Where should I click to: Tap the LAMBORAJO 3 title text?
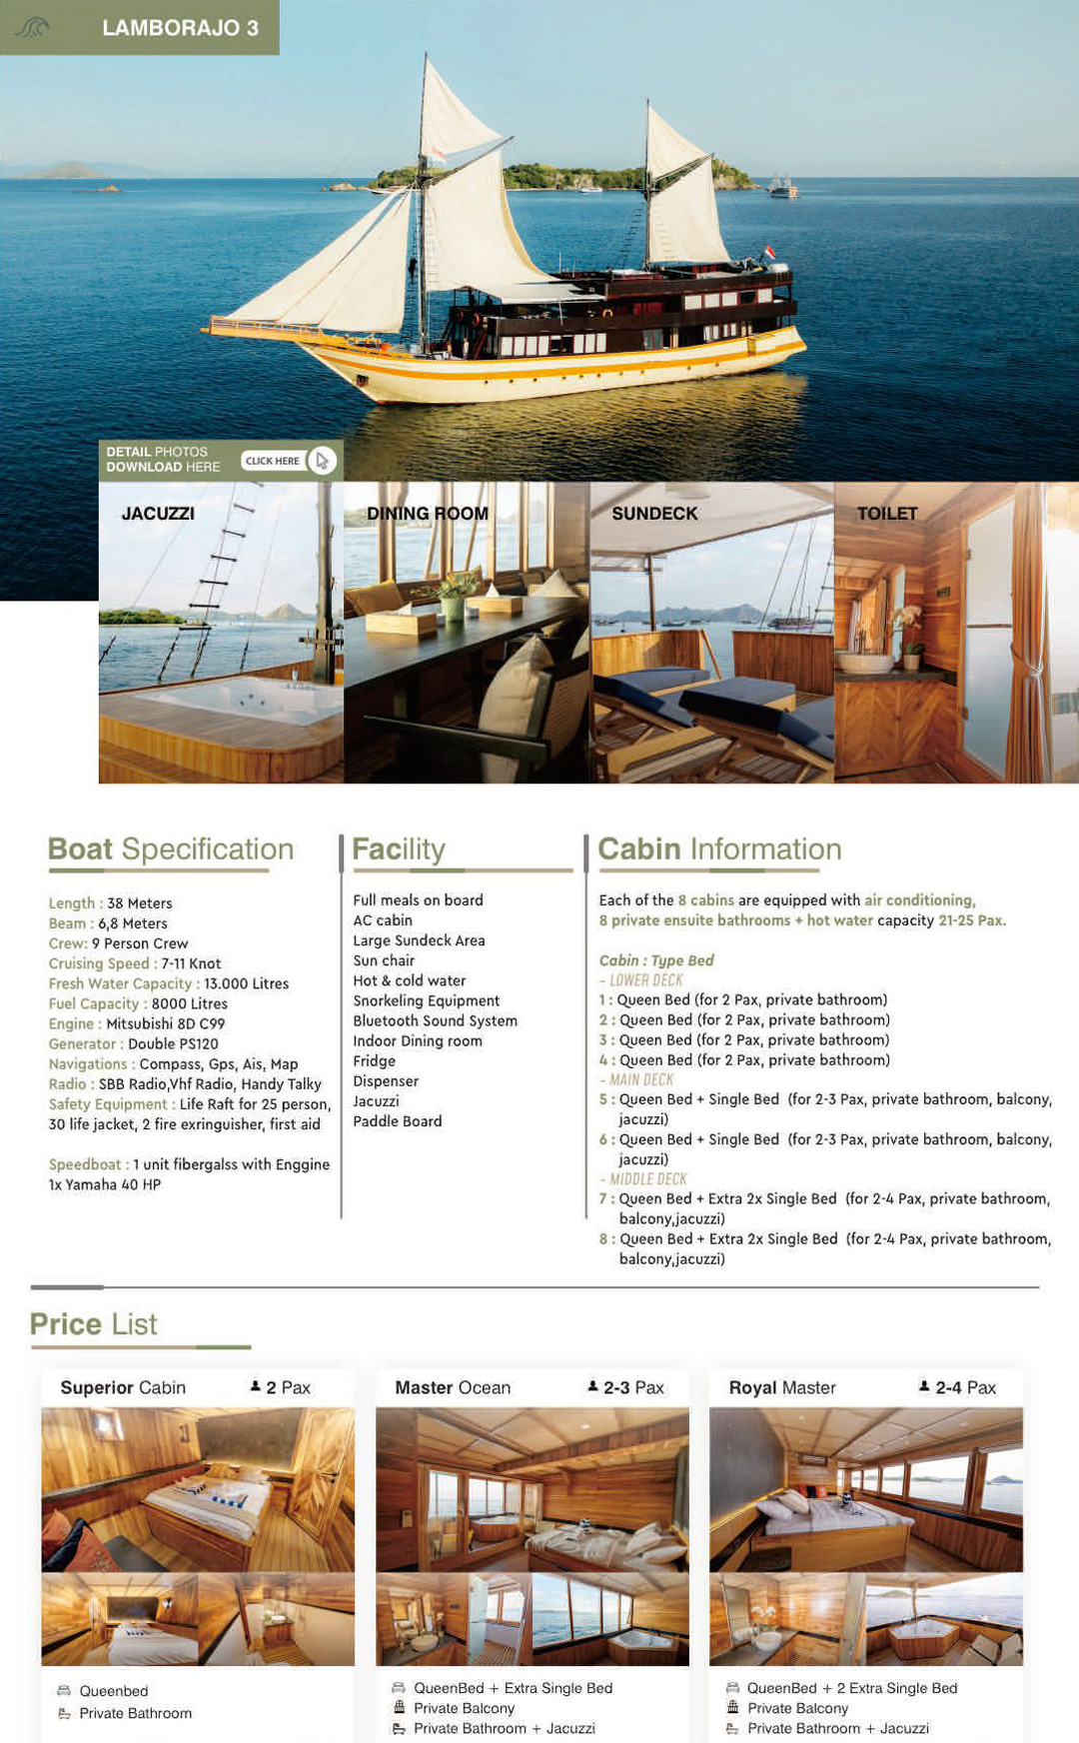180,28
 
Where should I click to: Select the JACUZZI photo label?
158,514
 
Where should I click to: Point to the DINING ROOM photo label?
428,514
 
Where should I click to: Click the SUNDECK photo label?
654,514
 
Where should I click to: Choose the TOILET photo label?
887,514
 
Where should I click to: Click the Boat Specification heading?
171,850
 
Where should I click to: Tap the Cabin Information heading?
719,850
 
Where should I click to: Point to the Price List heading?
94,1324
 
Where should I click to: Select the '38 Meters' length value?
140,903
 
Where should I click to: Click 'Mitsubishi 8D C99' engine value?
166,1024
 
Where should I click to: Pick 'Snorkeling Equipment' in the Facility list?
426,1001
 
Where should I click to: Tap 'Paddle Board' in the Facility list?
397,1121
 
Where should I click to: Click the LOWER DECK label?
645,980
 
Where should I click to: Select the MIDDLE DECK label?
647,1179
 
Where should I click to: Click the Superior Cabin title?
123,1388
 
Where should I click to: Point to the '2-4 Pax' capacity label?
965,1388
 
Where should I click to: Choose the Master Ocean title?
453,1388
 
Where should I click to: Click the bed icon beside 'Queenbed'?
64,1691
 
